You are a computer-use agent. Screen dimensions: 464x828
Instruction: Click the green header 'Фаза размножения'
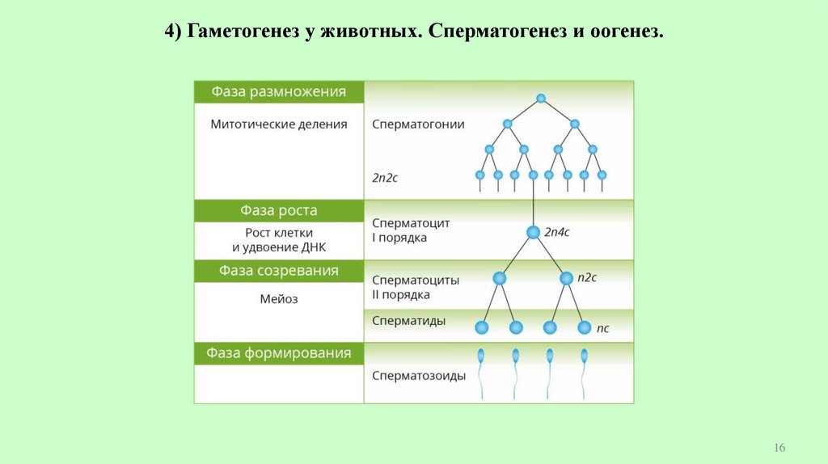pyautogui.click(x=278, y=92)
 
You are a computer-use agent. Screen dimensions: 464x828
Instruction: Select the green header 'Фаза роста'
pyautogui.click(x=278, y=211)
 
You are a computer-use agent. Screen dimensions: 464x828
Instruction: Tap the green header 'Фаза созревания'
pyautogui.click(x=278, y=271)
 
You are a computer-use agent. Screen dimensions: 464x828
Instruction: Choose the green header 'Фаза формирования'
pyautogui.click(x=278, y=353)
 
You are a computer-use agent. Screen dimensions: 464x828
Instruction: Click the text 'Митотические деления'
pyautogui.click(x=278, y=124)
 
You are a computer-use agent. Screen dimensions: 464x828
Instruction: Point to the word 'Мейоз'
pyautogui.click(x=278, y=299)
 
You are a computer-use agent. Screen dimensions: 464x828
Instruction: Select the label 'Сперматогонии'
pyautogui.click(x=418, y=124)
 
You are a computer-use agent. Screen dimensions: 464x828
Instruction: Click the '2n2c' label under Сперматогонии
pyautogui.click(x=385, y=177)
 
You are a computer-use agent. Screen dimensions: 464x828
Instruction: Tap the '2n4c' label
pyautogui.click(x=557, y=232)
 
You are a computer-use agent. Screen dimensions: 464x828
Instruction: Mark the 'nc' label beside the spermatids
pyautogui.click(x=602, y=328)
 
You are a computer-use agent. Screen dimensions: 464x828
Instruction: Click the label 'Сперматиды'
pyautogui.click(x=408, y=321)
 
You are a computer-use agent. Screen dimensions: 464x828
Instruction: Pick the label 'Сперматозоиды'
pyautogui.click(x=418, y=376)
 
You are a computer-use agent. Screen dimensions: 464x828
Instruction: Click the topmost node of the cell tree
pyautogui.click(x=541, y=99)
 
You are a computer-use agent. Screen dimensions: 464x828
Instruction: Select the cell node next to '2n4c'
pyautogui.click(x=533, y=232)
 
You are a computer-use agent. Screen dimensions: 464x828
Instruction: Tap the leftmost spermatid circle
pyautogui.click(x=482, y=327)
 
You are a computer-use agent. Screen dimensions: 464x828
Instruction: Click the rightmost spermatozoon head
pyautogui.click(x=585, y=354)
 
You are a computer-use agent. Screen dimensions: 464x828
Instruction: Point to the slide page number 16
pyautogui.click(x=780, y=448)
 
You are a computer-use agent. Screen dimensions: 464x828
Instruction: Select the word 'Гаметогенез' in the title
pyautogui.click(x=241, y=33)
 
